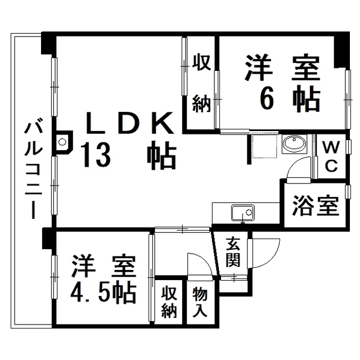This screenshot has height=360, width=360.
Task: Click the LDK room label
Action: (x=130, y=123)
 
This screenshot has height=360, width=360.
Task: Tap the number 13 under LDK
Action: (x=96, y=155)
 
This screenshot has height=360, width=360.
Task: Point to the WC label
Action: (x=331, y=156)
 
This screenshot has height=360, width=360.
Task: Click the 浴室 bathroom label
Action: (x=316, y=205)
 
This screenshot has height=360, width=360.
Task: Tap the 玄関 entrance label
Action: (x=233, y=253)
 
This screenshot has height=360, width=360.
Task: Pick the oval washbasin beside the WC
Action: (x=294, y=144)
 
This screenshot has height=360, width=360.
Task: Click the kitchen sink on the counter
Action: (x=243, y=213)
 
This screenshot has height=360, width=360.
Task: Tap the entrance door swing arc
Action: (x=264, y=253)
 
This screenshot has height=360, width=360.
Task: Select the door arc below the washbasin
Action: (x=299, y=169)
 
